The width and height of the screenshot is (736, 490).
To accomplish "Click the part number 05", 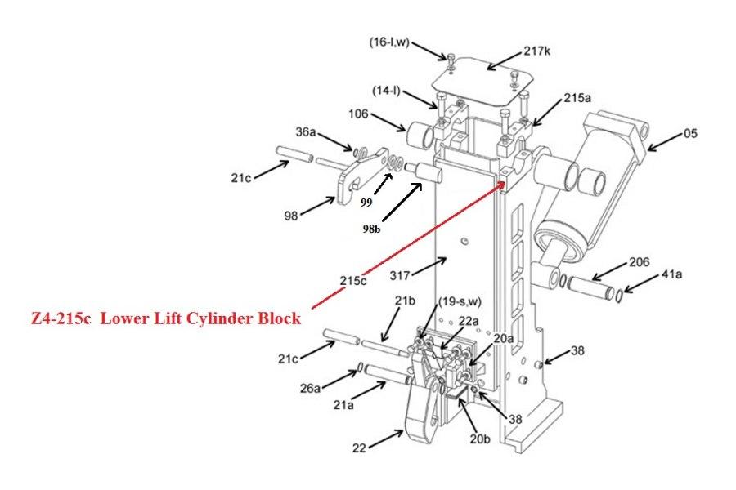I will (x=691, y=133).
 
